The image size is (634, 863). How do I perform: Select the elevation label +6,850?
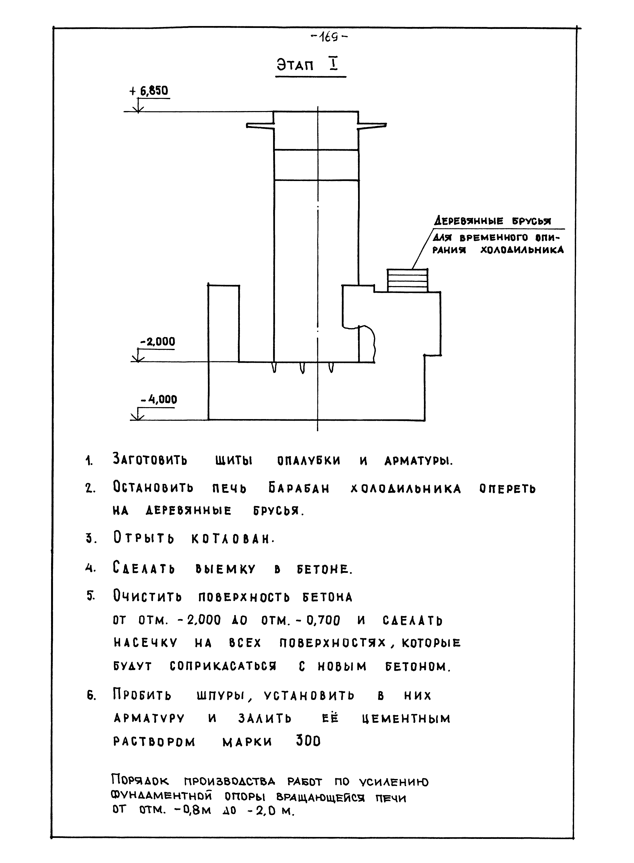pos(149,91)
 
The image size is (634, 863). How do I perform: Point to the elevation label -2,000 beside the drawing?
pos(157,342)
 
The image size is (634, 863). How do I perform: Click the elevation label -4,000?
pos(159,400)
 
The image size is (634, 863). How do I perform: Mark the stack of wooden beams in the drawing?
pos(407,280)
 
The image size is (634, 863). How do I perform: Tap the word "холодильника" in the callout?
pos(522,250)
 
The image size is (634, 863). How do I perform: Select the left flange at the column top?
pos(260,126)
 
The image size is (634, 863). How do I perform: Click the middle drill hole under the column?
pos(302,368)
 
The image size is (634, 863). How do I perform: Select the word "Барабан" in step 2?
pos(299,489)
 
